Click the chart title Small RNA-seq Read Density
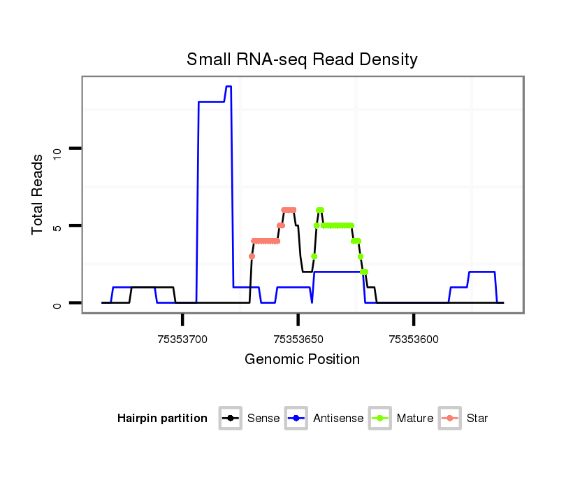[302, 59]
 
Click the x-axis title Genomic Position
[302, 360]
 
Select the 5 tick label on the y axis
[59, 226]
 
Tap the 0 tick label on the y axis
[59, 304]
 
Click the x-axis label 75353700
[182, 339]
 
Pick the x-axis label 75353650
[298, 339]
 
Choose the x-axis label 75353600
[414, 339]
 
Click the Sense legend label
[263, 419]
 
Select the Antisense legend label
[338, 419]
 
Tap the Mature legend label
[415, 419]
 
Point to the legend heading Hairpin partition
[162, 419]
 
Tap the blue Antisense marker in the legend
[297, 419]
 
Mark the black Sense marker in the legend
[231, 419]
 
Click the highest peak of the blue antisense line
[228, 87]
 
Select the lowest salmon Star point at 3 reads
[252, 256]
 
